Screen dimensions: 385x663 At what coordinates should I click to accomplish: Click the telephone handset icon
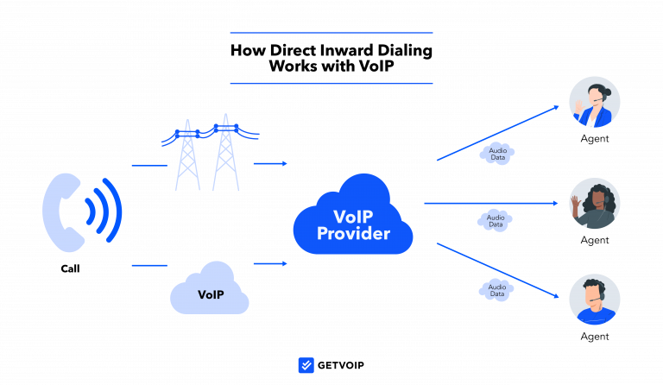pos(62,211)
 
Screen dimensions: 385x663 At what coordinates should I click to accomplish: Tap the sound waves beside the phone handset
pos(104,211)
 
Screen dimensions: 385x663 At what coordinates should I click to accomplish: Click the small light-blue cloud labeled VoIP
pos(210,291)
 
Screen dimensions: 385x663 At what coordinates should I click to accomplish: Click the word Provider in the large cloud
pos(353,234)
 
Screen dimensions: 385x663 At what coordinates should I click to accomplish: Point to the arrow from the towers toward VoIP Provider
pos(270,163)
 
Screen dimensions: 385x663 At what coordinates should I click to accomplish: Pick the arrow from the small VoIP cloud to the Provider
pos(270,263)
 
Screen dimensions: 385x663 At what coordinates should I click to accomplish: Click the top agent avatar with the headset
pos(595,102)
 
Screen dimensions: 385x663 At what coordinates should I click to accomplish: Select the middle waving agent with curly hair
pos(595,204)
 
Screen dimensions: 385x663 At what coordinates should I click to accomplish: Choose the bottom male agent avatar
pos(595,300)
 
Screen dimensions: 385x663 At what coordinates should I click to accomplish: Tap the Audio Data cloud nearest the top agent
pos(497,154)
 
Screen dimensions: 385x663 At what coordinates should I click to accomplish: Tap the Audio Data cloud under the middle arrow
pos(495,221)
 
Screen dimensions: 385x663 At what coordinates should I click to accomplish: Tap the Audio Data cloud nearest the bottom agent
pos(496,290)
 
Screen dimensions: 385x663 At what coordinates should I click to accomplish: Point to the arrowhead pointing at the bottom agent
pos(555,295)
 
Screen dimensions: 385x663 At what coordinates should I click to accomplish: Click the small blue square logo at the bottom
pos(306,365)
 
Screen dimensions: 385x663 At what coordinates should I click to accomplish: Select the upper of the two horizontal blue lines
pos(331,33)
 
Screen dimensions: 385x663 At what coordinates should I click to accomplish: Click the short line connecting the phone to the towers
pos(148,164)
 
